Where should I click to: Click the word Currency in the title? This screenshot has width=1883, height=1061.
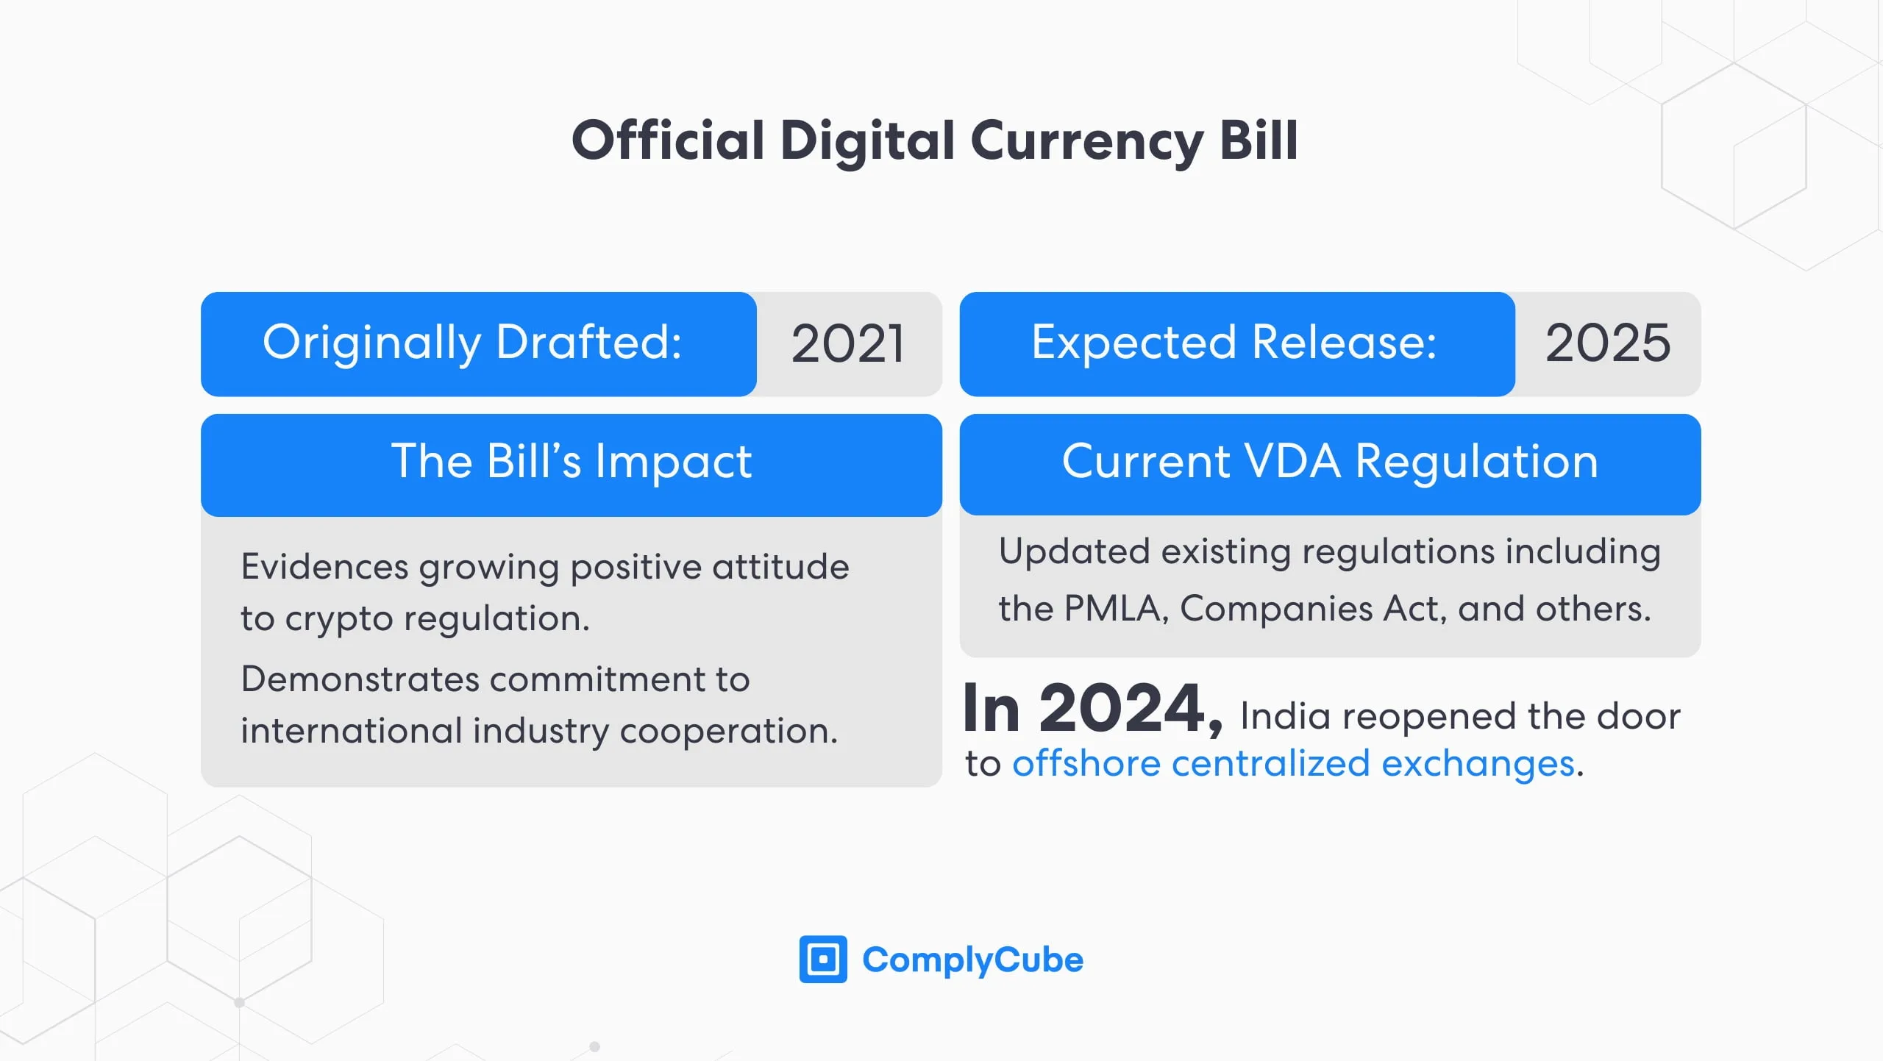[1087, 140]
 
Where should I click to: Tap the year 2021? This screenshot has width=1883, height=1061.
[847, 343]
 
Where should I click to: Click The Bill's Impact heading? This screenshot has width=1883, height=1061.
[571, 462]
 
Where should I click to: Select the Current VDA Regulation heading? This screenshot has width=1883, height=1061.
[1329, 462]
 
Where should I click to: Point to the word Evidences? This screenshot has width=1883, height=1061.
[324, 567]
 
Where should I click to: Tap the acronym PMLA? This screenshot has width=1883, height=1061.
[1115, 609]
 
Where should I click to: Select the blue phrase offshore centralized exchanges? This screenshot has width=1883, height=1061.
[1293, 764]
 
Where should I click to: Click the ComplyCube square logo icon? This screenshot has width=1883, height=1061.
[822, 959]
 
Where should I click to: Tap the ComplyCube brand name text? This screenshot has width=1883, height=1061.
[972, 960]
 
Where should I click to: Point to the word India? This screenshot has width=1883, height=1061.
[1284, 716]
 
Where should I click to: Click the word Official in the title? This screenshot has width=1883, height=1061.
[668, 140]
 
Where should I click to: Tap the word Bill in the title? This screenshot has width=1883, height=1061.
[1259, 140]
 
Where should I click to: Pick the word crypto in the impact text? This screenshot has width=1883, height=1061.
[339, 619]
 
